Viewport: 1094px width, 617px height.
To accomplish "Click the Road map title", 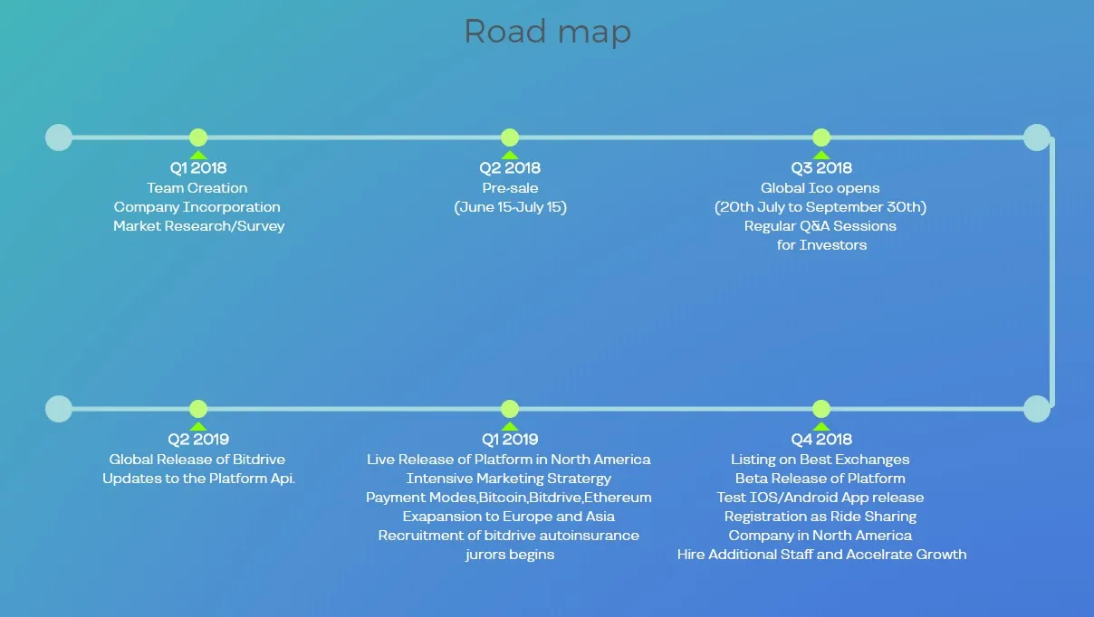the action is point(548,32).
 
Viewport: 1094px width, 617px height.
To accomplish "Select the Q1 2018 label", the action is point(198,167).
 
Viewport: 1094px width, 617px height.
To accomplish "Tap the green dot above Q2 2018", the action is point(510,138).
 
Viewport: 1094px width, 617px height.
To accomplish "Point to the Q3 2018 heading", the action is point(821,167).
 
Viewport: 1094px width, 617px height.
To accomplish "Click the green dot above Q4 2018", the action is point(821,409).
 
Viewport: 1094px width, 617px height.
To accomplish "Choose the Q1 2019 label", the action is point(510,439).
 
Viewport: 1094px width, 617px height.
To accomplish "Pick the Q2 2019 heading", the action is point(198,439).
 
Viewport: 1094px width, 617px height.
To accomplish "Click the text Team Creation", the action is point(197,188).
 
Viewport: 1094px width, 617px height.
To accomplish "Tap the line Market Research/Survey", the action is point(198,226).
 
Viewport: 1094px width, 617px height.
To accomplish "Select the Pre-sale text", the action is point(511,188).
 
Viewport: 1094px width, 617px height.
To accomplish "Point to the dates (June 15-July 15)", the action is point(511,207).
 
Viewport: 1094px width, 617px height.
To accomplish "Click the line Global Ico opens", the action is point(820,188).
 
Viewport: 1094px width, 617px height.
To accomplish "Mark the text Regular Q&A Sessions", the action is point(820,226).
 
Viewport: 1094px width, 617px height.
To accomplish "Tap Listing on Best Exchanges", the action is point(820,460).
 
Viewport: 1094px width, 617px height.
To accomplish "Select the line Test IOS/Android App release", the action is point(820,498).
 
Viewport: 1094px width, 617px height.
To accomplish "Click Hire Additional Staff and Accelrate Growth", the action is point(822,555).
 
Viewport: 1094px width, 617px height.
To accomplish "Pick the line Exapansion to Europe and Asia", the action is point(509,517).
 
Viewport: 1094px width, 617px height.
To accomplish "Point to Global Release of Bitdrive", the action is point(197,460).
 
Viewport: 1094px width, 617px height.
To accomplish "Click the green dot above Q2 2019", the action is point(198,409).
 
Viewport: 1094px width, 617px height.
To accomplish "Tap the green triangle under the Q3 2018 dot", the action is point(821,156).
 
